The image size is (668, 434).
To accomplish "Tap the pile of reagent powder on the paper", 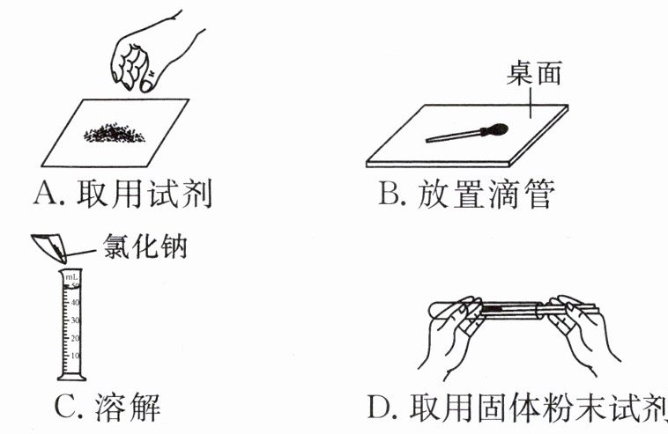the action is pyautogui.click(x=115, y=135).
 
